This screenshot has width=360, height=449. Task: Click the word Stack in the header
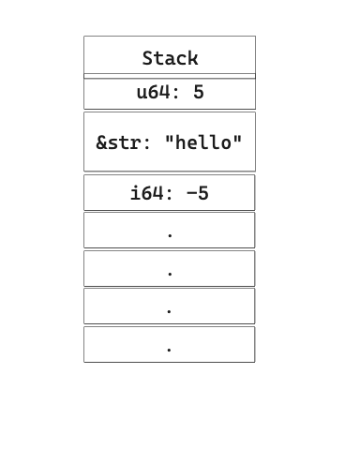[170, 58]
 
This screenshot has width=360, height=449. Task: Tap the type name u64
[153, 92]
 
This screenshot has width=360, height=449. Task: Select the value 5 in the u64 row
[199, 92]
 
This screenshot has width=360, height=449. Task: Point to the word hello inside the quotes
[203, 142]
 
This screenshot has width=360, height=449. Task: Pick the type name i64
[146, 194]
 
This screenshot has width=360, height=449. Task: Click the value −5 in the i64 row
[198, 194]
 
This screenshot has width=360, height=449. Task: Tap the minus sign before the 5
[192, 194]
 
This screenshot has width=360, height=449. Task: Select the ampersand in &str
[101, 142]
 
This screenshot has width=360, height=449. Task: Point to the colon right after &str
[147, 143]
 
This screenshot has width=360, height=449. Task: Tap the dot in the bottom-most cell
[170, 350]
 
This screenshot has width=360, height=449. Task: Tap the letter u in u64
[142, 93]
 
